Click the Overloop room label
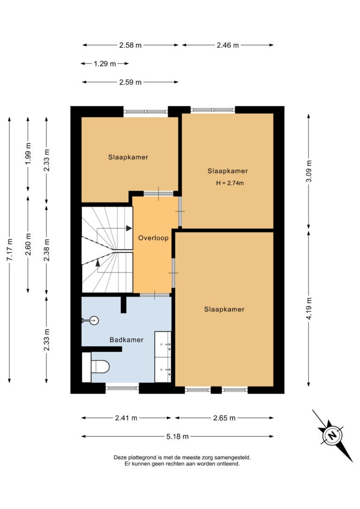click(x=153, y=238)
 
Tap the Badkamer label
click(x=126, y=340)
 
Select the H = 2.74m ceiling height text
click(x=230, y=183)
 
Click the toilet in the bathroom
click(x=100, y=367)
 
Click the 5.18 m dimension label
click(x=177, y=437)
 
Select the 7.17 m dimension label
click(x=9, y=249)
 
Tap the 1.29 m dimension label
click(x=105, y=64)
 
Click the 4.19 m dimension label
click(x=309, y=308)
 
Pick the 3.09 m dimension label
click(x=309, y=171)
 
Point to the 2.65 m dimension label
click(x=224, y=418)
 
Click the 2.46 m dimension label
click(x=227, y=45)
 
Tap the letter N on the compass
click(x=332, y=435)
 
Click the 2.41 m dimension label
click(x=126, y=418)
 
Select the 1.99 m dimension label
click(x=28, y=154)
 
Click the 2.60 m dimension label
click(x=28, y=244)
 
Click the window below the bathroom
click(x=122, y=388)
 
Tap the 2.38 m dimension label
click(x=47, y=250)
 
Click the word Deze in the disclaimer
click(x=120, y=458)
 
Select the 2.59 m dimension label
click(x=130, y=82)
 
